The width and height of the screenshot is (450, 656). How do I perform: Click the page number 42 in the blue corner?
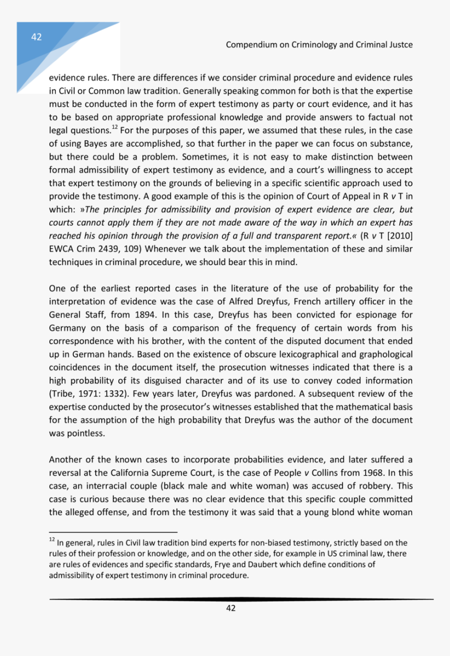click(x=36, y=37)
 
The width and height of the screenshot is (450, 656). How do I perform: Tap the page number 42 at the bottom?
click(x=230, y=608)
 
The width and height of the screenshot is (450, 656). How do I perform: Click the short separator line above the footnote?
click(x=113, y=530)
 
